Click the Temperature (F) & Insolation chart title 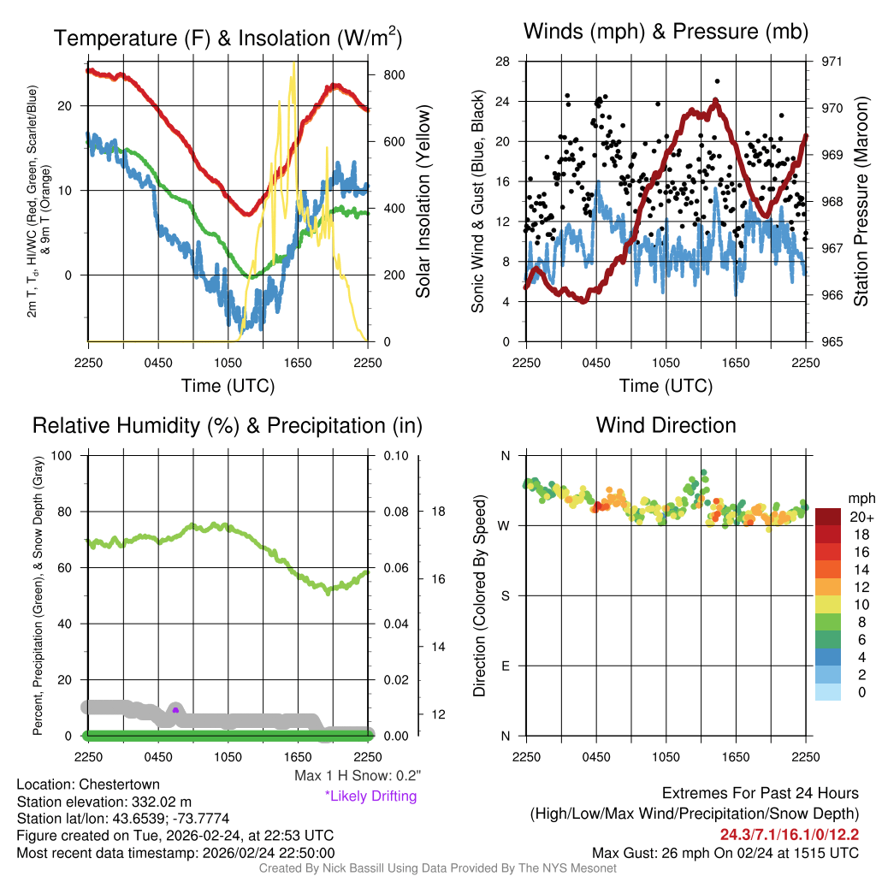(x=228, y=38)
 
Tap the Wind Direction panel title (x=666, y=425)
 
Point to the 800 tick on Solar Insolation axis (x=394, y=74)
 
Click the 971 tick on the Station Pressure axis (x=832, y=62)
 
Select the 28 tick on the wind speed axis (x=504, y=62)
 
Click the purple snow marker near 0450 (x=175, y=710)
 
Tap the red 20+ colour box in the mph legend (x=828, y=518)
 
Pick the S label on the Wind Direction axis (x=504, y=595)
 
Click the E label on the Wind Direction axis (x=504, y=666)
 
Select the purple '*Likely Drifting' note (x=370, y=796)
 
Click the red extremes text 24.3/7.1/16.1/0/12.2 (x=789, y=835)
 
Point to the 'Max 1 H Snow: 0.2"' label (x=358, y=776)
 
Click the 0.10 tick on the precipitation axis (x=394, y=456)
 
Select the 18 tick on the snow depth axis (x=438, y=512)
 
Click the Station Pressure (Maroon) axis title (x=861, y=200)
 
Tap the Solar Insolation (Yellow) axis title (x=423, y=201)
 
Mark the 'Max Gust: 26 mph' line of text (x=725, y=853)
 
